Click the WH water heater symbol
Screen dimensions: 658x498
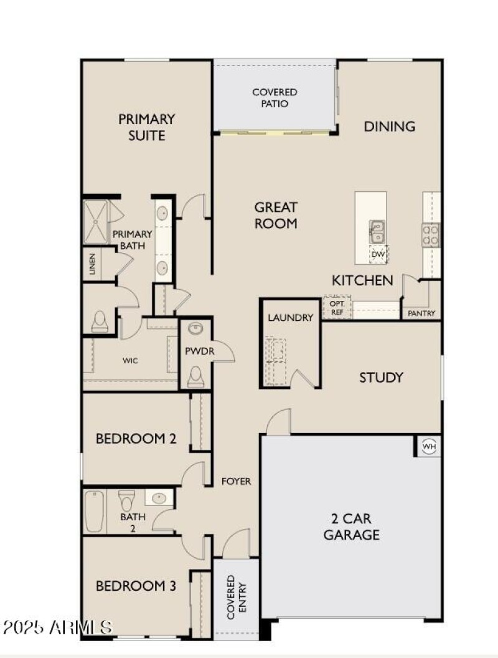tap(428, 446)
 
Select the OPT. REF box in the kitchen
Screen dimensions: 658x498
tap(337, 307)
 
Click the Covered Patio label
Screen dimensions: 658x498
tap(275, 98)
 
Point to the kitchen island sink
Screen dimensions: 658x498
tap(376, 232)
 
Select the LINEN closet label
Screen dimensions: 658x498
tap(93, 264)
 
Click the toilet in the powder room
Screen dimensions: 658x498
tap(195, 376)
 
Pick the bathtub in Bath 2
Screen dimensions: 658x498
tap(94, 511)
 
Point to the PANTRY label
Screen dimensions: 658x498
tap(421, 313)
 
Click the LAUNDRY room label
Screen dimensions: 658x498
tap(291, 318)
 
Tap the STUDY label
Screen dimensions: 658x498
tap(381, 377)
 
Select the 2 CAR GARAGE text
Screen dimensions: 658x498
tap(351, 527)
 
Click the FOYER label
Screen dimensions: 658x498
tap(237, 481)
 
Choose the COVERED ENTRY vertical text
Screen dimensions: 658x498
tap(236, 597)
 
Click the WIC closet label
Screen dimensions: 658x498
tap(130, 360)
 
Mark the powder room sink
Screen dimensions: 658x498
tap(195, 328)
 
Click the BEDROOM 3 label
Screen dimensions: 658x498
tap(136, 586)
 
